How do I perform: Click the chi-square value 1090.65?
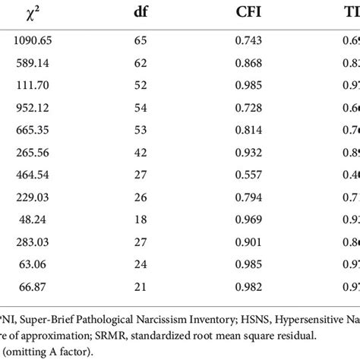click(x=33, y=46)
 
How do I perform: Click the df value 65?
click(x=161, y=46)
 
